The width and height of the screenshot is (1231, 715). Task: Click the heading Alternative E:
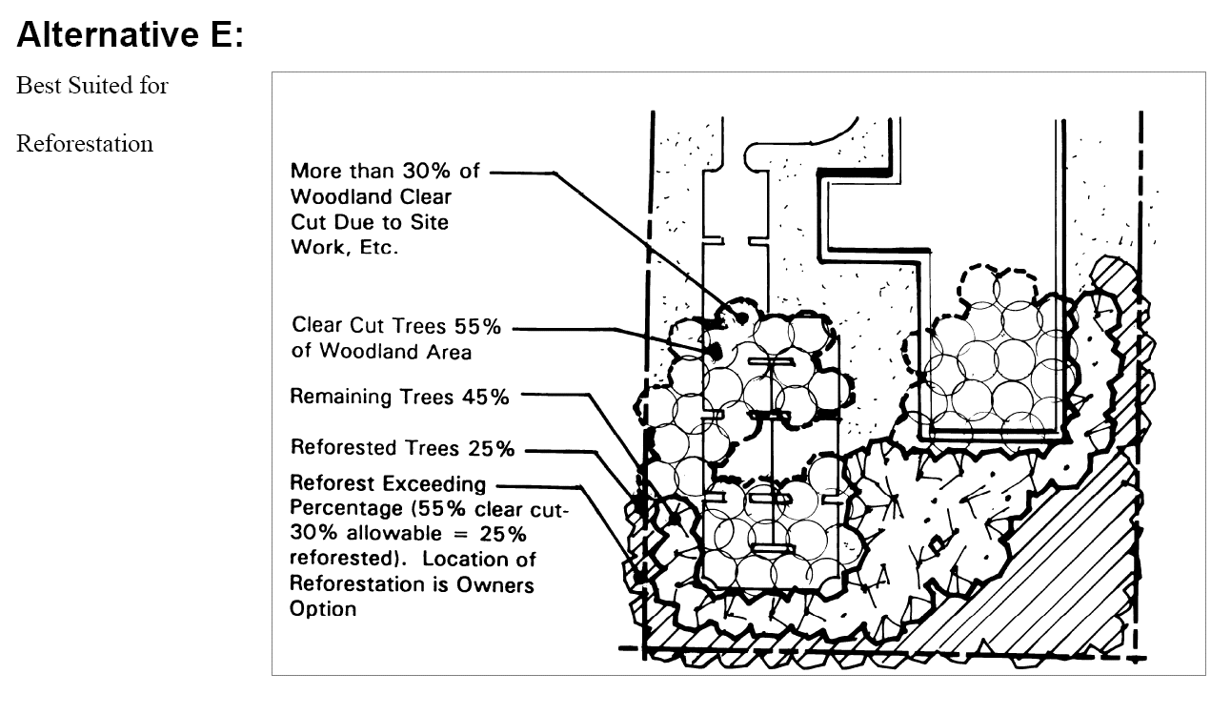(x=131, y=35)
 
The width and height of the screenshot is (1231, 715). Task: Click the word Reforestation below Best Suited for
(x=85, y=144)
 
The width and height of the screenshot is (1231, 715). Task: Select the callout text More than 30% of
(x=385, y=172)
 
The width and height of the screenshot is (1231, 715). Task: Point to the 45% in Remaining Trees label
(x=486, y=397)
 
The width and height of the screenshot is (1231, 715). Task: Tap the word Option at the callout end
(x=323, y=608)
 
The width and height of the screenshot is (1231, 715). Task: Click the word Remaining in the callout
(x=337, y=397)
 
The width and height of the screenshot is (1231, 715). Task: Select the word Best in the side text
(x=34, y=85)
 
